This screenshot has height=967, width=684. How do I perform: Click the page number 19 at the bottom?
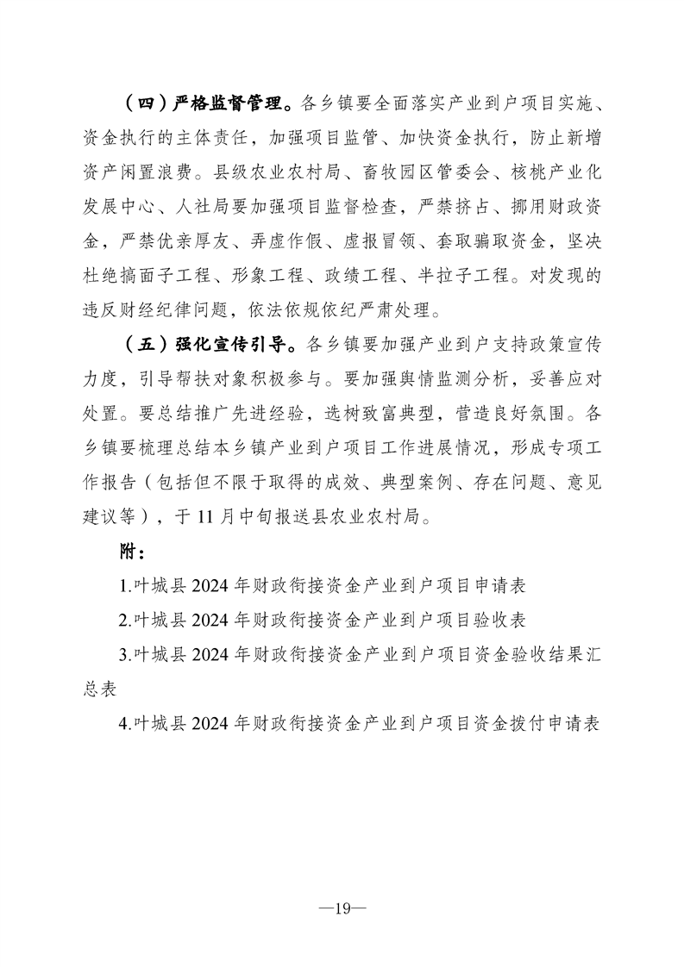pos(342,908)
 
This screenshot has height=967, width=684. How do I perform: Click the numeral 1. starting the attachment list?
pos(125,585)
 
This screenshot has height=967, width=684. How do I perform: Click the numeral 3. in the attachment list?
pos(125,655)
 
